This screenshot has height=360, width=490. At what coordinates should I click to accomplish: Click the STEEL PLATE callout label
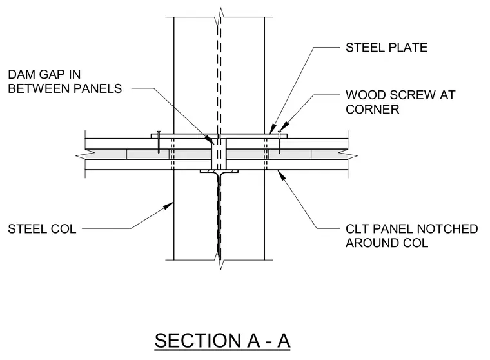386,48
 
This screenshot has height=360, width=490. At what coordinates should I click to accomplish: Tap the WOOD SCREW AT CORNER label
400,102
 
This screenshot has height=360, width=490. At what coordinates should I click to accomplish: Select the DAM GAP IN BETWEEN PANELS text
64,82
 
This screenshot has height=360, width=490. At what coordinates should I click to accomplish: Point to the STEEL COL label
42,229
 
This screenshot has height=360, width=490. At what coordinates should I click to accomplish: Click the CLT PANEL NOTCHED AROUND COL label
411,236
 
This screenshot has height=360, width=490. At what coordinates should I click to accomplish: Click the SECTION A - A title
222,340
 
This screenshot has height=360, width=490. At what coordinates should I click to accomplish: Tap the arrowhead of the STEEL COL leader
169,205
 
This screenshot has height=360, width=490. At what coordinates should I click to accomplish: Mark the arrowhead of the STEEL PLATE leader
273,129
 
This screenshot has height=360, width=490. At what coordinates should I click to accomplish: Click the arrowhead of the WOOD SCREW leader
282,126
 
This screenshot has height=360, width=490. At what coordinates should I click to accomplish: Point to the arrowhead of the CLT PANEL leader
281,175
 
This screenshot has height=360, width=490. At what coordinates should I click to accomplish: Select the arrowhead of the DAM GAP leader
209,140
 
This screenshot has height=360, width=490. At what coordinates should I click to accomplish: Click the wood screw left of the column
159,142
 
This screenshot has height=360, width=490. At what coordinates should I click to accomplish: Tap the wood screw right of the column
279,142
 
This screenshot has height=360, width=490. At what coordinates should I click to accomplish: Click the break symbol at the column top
220,17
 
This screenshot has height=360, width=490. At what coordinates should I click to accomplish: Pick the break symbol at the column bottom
220,259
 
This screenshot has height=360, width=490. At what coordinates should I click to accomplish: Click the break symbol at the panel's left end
86,154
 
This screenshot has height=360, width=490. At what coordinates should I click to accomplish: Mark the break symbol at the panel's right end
348,154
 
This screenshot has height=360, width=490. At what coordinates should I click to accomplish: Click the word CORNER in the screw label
372,110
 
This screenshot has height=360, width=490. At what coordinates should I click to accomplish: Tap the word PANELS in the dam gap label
98,88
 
